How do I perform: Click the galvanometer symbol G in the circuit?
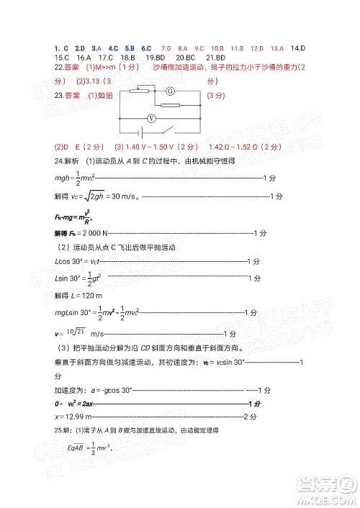tap(171, 92)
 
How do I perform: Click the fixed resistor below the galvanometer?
tap(171, 105)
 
